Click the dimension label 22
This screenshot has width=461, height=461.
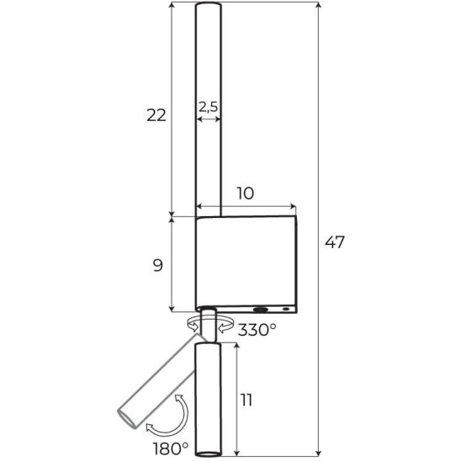(x=156, y=115)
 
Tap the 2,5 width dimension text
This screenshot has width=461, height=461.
(x=208, y=107)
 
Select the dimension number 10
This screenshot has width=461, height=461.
(x=245, y=193)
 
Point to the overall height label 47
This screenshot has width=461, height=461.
(x=334, y=242)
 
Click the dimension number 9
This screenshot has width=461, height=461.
(x=158, y=266)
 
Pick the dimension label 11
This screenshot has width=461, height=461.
(x=246, y=400)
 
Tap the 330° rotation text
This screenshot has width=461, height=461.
(x=257, y=329)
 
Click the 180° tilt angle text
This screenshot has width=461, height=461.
(x=171, y=448)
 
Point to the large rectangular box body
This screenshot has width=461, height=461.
(x=246, y=262)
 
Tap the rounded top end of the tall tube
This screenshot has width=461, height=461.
(x=209, y=4)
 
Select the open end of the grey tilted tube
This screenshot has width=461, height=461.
(x=127, y=418)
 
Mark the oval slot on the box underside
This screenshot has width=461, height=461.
(x=261, y=310)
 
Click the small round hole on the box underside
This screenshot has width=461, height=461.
(x=286, y=309)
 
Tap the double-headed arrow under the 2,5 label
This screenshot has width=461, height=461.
(x=209, y=119)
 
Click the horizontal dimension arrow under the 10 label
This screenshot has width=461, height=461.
(x=246, y=206)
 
